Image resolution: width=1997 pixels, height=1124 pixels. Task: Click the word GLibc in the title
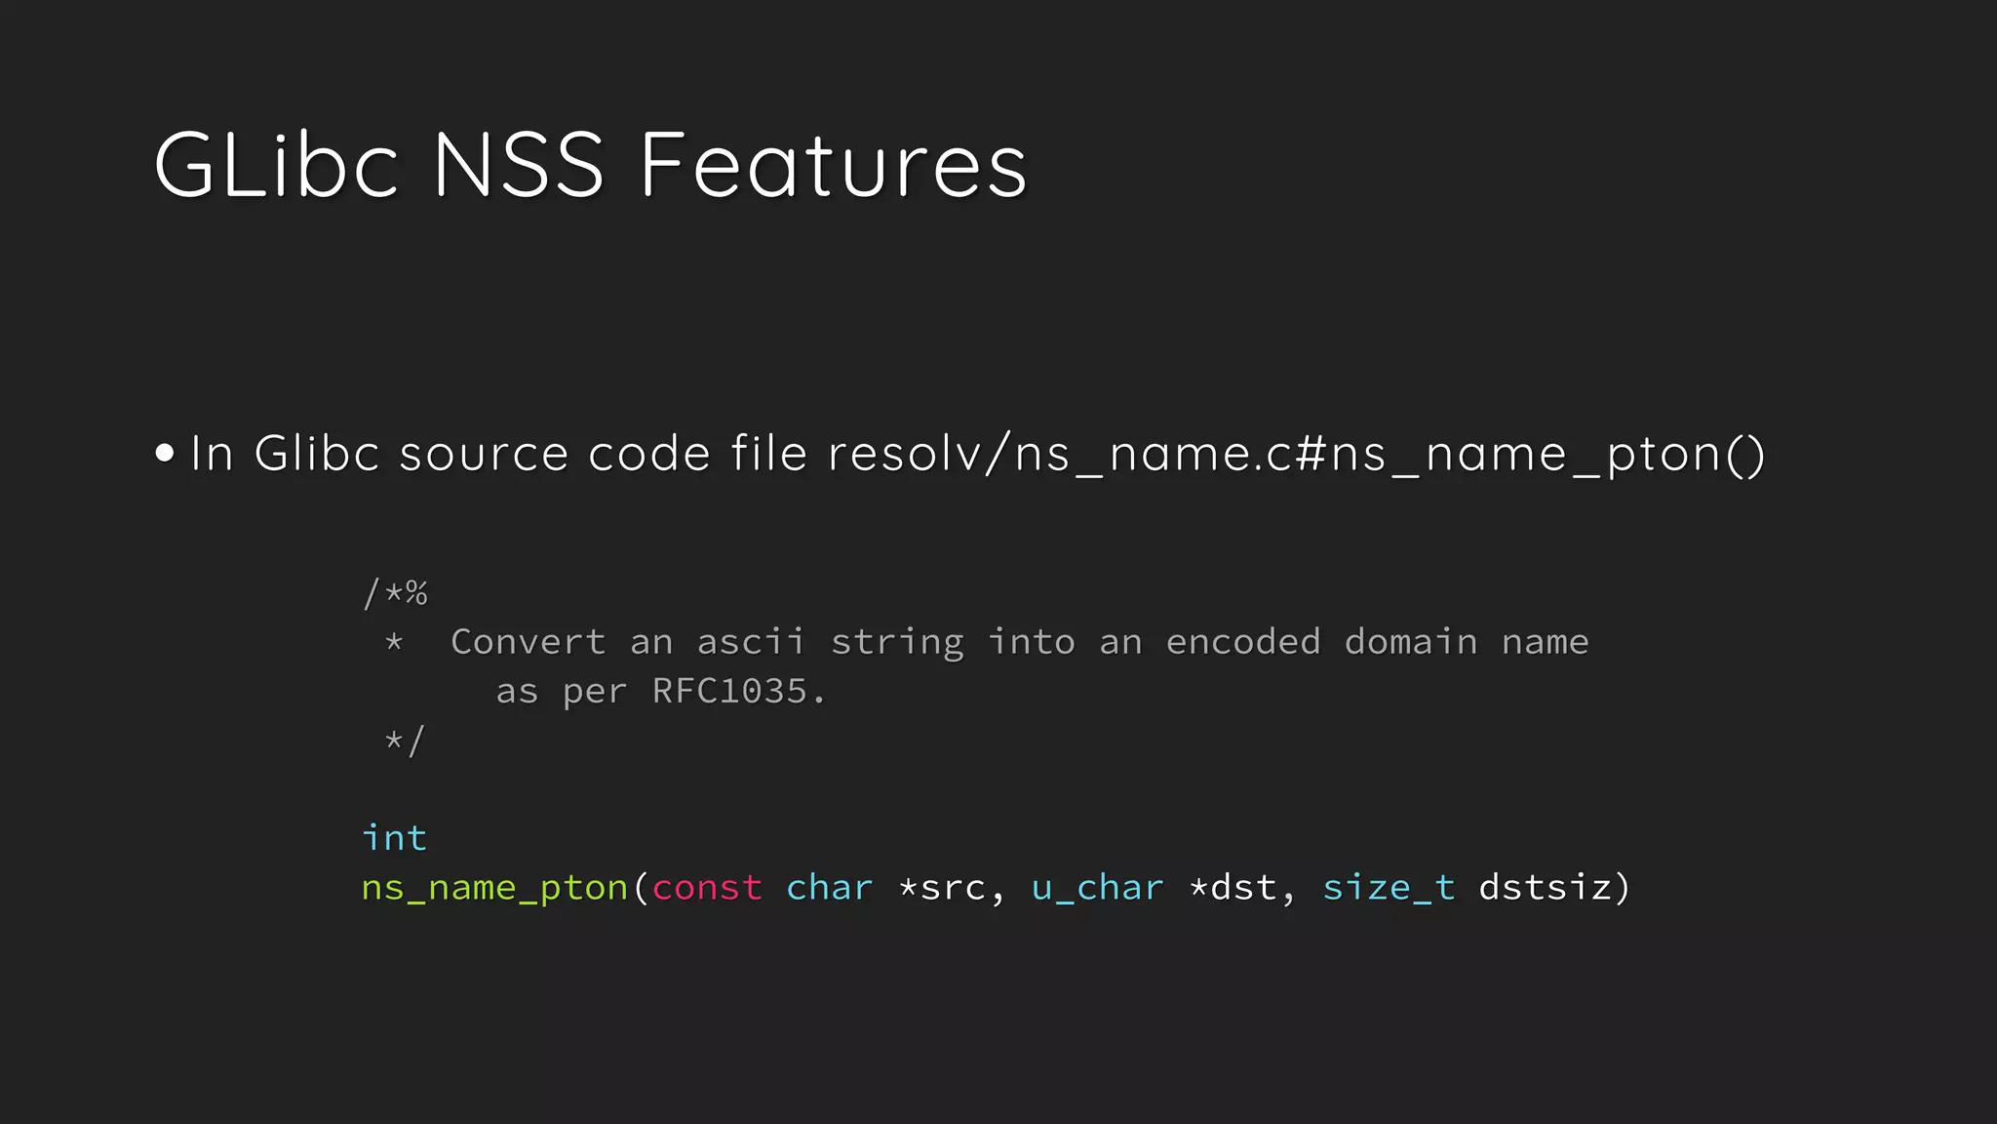tap(276, 165)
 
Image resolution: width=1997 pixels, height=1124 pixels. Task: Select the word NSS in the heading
tap(518, 165)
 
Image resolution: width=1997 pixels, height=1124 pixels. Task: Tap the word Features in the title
tap(834, 165)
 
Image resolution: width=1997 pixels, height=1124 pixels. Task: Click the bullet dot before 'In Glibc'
tap(165, 453)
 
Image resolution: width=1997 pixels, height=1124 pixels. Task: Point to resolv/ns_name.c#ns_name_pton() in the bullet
tap(1296, 455)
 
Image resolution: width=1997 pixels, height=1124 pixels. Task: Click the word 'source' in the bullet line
tap(484, 455)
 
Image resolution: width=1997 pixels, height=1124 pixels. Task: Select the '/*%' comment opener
tap(395, 592)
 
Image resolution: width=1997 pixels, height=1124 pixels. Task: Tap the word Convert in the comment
tap(528, 642)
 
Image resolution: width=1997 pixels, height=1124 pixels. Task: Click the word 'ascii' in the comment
tap(751, 642)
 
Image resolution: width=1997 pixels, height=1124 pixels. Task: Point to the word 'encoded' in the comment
tap(1243, 642)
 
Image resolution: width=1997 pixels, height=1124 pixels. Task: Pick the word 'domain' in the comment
tap(1411, 642)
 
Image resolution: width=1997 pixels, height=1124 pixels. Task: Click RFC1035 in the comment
tap(729, 692)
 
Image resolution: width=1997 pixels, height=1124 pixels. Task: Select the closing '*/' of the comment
tap(405, 741)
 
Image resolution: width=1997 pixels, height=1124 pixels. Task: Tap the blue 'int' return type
tap(394, 838)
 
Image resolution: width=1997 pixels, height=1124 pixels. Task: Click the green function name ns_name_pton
tap(494, 888)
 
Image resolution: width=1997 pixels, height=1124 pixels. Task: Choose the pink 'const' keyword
tap(707, 888)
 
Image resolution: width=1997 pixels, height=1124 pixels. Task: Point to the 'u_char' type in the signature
tap(1097, 888)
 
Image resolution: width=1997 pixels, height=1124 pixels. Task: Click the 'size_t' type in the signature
tap(1389, 888)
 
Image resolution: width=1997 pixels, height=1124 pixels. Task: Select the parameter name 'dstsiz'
tap(1546, 888)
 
